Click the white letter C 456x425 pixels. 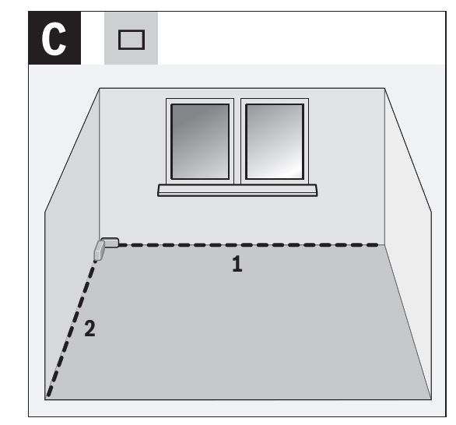click(54, 39)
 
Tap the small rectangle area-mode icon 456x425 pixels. click(132, 40)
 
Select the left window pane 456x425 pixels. click(200, 142)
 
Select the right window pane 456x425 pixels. click(275, 142)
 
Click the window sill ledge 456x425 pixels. click(237, 190)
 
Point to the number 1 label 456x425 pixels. click(237, 264)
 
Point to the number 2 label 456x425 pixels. click(89, 328)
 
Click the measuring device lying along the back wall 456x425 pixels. click(110, 243)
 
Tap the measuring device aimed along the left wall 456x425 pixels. click(99, 250)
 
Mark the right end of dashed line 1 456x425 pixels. click(377, 245)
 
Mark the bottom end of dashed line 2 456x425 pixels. click(48, 395)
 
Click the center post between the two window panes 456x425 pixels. click(237, 142)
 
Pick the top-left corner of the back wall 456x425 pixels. click(100, 88)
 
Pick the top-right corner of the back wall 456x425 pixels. click(384, 88)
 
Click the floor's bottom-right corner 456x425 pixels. click(431, 399)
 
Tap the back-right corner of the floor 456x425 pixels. click(384, 245)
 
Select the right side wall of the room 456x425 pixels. click(408, 233)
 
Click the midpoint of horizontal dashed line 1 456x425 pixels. click(248, 245)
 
